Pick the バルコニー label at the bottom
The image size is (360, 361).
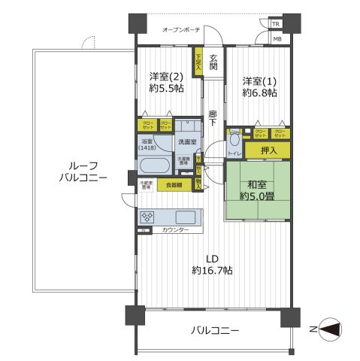214,330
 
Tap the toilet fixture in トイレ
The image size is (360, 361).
235,140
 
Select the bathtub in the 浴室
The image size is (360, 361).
156,165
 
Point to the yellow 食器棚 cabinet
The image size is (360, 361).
173,184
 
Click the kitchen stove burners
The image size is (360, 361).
148,217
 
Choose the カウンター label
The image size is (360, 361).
176,230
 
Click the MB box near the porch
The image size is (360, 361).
277,38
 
